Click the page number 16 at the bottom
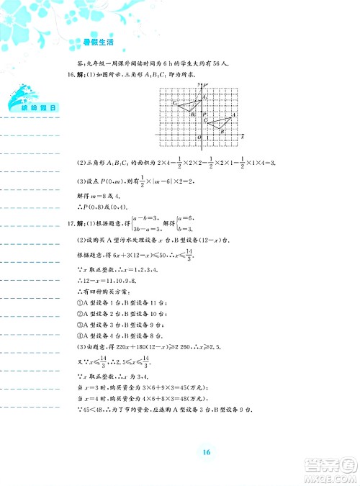pyautogui.click(x=206, y=452)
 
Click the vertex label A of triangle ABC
pyautogui.click(x=235, y=115)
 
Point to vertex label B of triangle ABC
pyautogui.click(x=222, y=132)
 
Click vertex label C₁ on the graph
pyautogui.click(x=175, y=104)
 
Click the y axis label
pyautogui.click(x=198, y=86)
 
